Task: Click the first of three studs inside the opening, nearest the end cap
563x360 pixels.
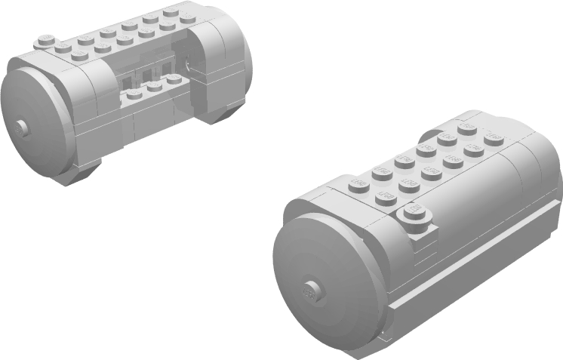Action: (134, 94)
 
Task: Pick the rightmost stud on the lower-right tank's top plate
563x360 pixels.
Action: (494, 137)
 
